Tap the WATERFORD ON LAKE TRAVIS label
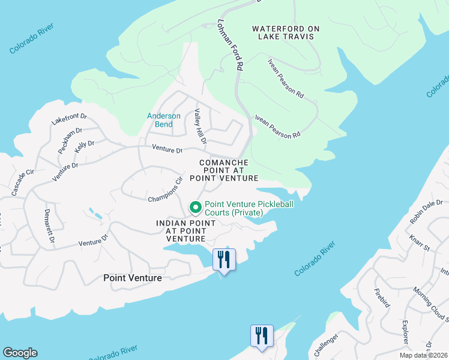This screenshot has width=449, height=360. point(286,32)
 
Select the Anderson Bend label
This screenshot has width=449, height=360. point(164,120)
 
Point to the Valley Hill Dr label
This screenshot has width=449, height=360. point(200,127)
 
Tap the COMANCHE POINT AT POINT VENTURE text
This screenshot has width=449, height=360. point(223,170)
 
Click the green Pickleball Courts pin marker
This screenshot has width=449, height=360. point(195,208)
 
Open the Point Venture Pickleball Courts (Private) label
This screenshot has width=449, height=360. point(249,208)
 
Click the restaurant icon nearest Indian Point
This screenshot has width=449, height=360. point(224,260)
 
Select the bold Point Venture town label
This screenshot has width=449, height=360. point(132,278)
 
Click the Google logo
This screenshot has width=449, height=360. point(20,353)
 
